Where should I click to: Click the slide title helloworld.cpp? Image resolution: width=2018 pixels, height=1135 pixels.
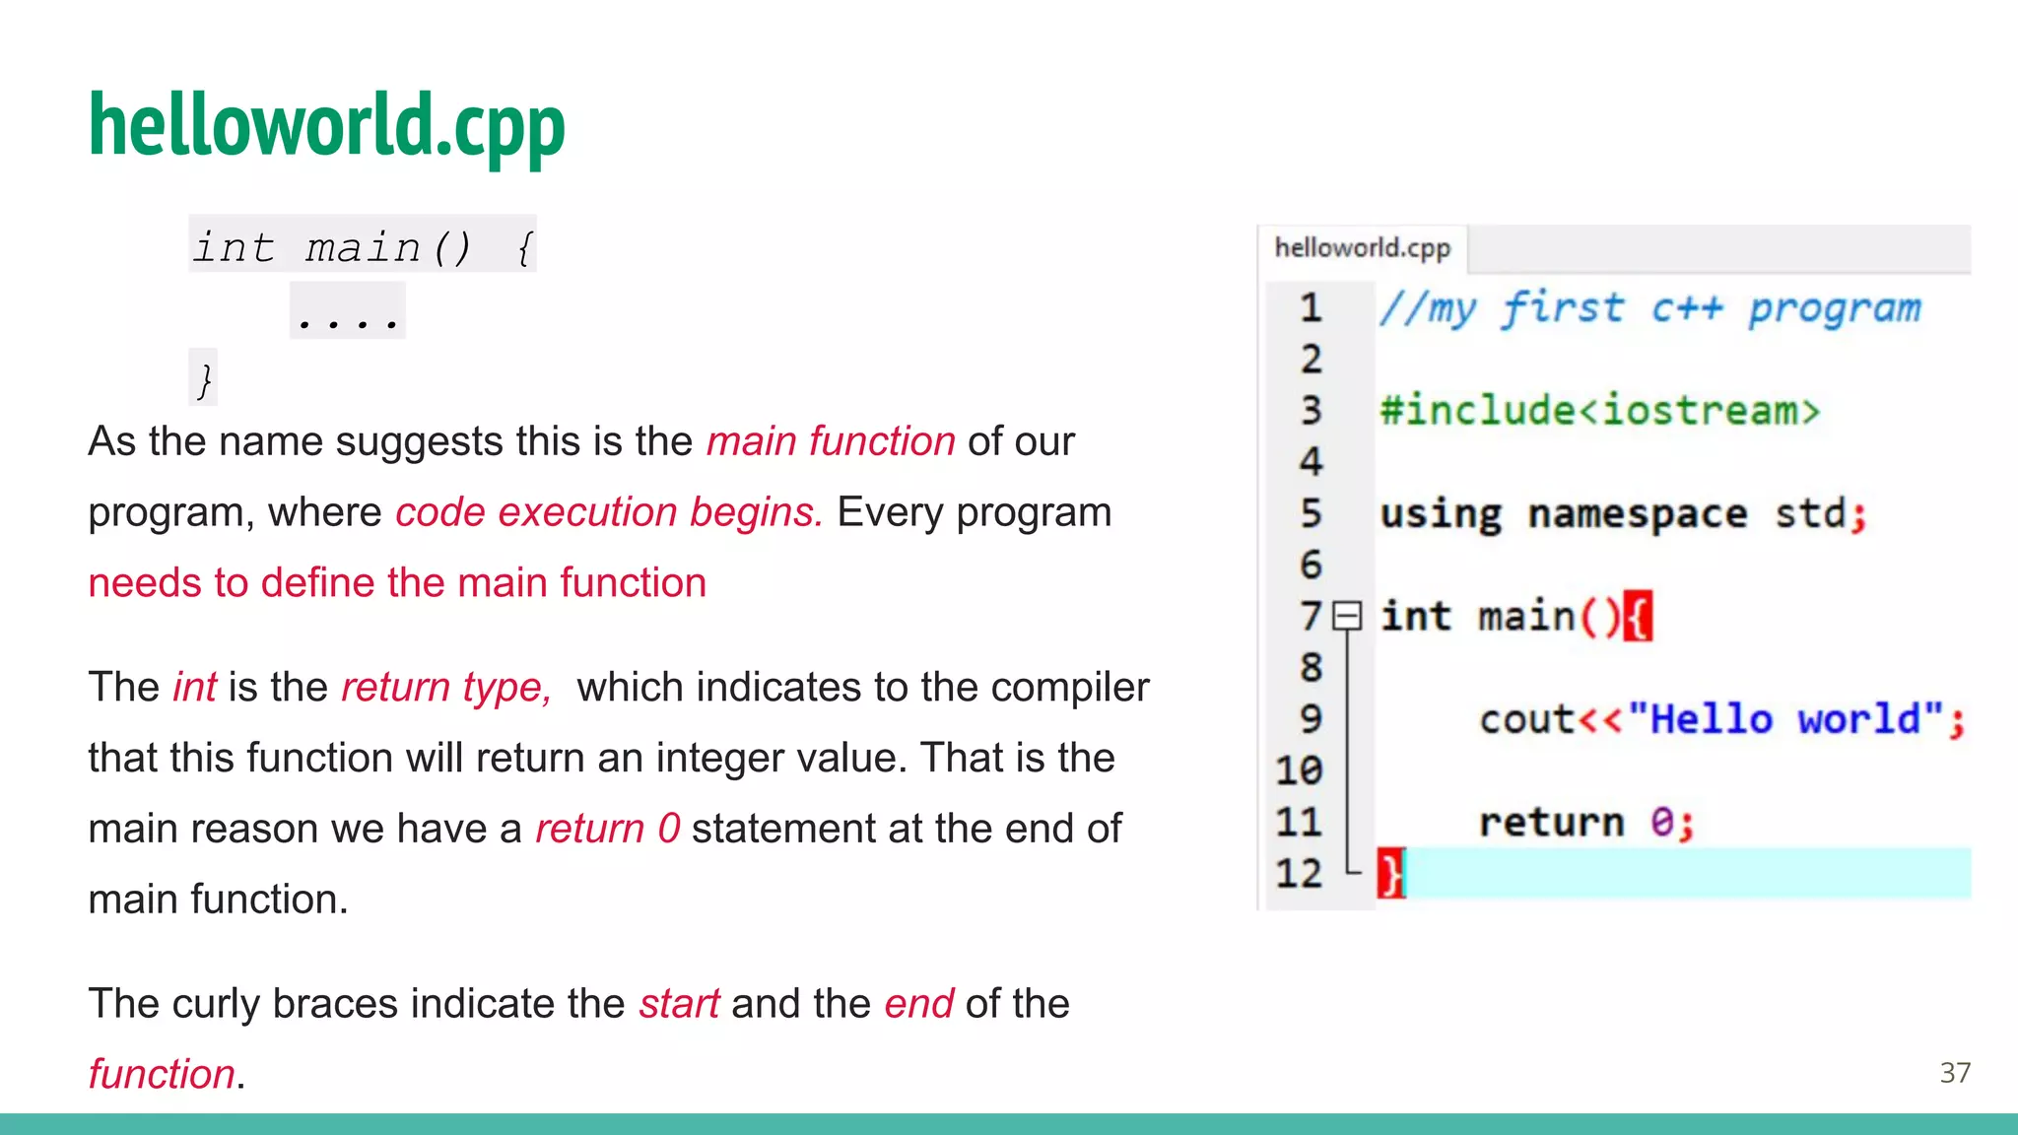[x=326, y=126]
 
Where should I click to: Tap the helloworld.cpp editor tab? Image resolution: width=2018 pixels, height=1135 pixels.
[x=1362, y=247]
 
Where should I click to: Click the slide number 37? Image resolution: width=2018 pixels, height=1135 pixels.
[x=1955, y=1072]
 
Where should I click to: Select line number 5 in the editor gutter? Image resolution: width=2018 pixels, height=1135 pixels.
[x=1311, y=513]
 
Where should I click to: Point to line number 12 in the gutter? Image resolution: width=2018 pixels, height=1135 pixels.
[x=1299, y=874]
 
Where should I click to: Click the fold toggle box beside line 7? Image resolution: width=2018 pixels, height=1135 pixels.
[x=1347, y=617]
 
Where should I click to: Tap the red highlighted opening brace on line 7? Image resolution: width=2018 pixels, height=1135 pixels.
[x=1638, y=617]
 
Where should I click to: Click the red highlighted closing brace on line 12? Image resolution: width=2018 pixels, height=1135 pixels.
[x=1390, y=874]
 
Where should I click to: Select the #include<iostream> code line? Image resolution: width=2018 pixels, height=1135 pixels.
[x=1599, y=411]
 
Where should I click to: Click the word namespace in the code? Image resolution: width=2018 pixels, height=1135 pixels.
[x=1637, y=514]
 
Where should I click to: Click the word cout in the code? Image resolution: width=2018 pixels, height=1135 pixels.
[x=1526, y=719]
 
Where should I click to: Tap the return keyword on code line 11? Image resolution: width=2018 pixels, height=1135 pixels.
[x=1551, y=822]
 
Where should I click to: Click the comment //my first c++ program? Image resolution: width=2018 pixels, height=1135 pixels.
[x=1649, y=308]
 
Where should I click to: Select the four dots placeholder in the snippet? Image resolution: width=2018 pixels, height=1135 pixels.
[x=348, y=313]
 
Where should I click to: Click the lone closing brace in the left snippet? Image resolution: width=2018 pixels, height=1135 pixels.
[x=204, y=379]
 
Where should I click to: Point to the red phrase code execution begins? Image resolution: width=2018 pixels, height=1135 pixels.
[x=608, y=512]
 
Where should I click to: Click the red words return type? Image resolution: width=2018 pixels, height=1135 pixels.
[x=446, y=687]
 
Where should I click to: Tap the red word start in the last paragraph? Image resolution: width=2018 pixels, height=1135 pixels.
[x=679, y=1004]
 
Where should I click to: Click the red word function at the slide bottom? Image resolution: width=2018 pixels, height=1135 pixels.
[x=162, y=1074]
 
